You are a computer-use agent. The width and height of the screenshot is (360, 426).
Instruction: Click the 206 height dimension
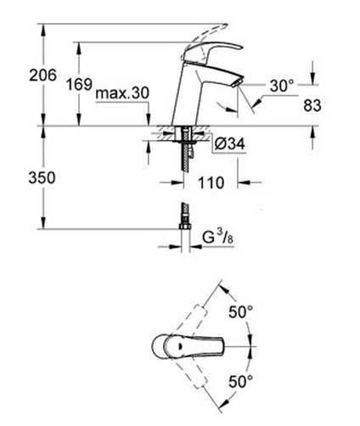click(43, 76)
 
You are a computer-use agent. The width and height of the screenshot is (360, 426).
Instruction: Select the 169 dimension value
click(79, 84)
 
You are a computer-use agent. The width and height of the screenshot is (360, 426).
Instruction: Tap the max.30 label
click(122, 93)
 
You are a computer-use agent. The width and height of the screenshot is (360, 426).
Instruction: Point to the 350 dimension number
click(42, 178)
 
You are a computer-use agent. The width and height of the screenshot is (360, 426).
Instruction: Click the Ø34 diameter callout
click(229, 144)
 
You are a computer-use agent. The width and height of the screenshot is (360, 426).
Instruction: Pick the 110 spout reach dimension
click(211, 182)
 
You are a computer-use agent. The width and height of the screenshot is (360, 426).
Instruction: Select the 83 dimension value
click(312, 105)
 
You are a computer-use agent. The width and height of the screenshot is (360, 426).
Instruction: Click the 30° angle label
click(282, 86)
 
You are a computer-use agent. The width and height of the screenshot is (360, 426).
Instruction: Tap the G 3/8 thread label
click(218, 238)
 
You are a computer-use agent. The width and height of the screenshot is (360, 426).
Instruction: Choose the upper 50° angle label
click(240, 312)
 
